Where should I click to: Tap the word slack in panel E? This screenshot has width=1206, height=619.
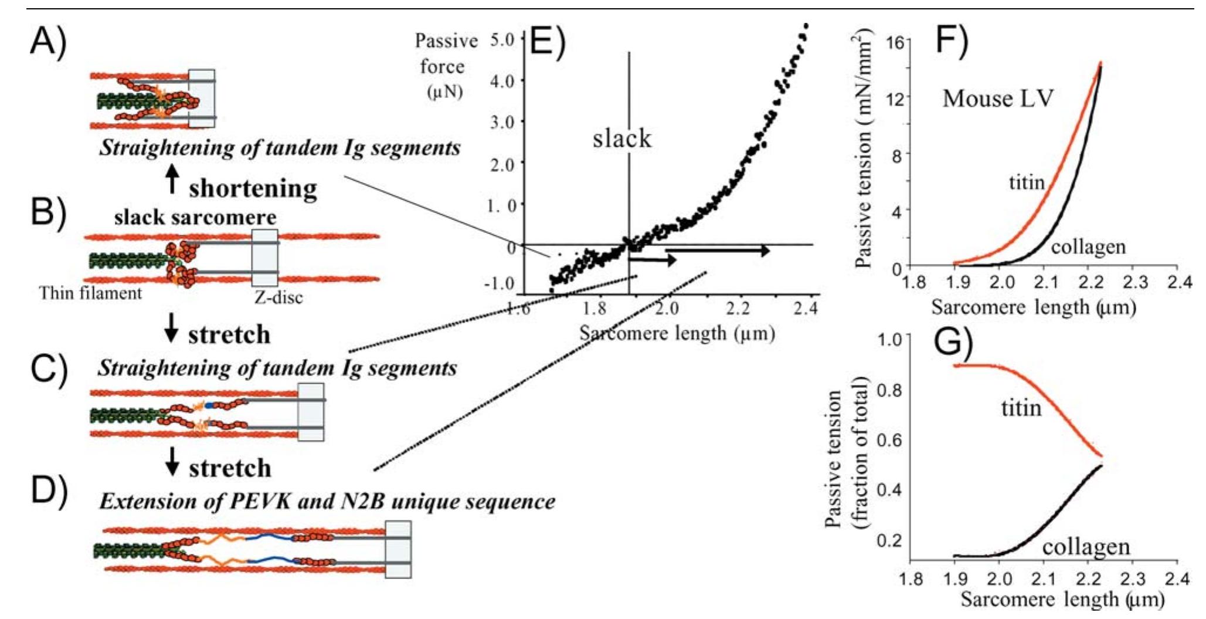[621, 138]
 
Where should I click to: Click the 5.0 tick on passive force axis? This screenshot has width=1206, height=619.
[502, 39]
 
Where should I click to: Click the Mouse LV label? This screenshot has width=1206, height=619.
[997, 98]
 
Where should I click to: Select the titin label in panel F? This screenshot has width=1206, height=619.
[1027, 182]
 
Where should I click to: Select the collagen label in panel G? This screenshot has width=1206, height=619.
[1086, 547]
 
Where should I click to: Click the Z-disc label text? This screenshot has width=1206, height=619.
[278, 297]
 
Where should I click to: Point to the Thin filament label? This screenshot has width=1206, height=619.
[90, 293]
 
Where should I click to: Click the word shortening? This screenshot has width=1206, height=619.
[253, 188]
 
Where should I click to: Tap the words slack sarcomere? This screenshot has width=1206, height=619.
[195, 218]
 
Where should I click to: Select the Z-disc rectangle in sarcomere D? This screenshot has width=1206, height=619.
[398, 549]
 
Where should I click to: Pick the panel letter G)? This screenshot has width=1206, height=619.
[952, 344]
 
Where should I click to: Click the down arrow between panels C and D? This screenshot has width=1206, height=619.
[172, 461]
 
